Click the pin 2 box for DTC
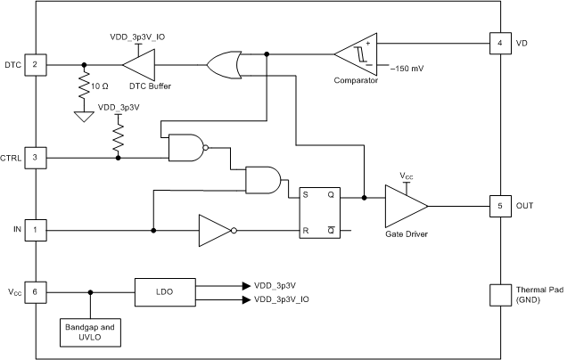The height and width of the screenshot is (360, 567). [36, 64]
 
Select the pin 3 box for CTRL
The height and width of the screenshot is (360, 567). [36, 158]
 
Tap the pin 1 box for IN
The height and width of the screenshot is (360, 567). [36, 230]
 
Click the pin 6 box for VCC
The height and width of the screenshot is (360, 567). [36, 291]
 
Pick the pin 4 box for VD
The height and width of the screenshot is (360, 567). [499, 42]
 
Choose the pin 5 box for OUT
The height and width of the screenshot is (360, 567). [499, 206]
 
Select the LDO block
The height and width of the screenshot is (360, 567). [165, 291]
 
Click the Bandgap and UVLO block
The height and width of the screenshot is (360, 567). [90, 331]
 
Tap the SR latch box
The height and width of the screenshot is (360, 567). [318, 213]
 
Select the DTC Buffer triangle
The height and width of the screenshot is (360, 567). [138, 64]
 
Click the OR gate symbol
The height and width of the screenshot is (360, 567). [224, 64]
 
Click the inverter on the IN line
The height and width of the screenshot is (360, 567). [215, 230]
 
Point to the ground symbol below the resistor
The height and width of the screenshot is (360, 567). [84, 116]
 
